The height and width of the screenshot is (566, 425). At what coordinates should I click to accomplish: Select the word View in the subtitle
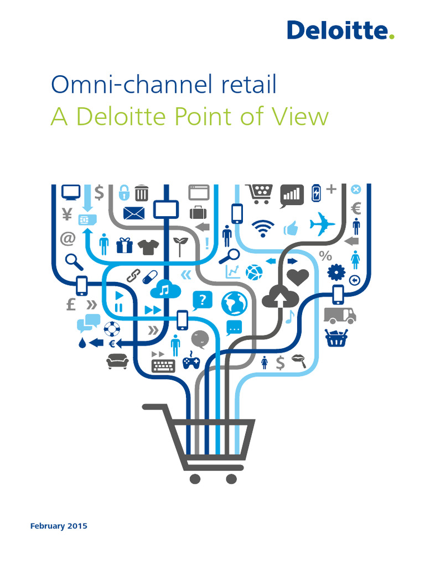pyautogui.click(x=302, y=117)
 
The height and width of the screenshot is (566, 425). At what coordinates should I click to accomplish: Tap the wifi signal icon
pyautogui.click(x=262, y=227)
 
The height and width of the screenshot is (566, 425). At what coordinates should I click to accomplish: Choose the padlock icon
pyautogui.click(x=124, y=192)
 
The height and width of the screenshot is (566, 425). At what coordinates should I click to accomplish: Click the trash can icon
pyautogui.click(x=142, y=192)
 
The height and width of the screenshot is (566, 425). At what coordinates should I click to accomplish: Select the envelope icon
pyautogui.click(x=133, y=213)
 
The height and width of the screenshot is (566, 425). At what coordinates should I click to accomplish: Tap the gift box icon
pyautogui.click(x=125, y=245)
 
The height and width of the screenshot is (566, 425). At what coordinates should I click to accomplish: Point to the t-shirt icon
pyautogui.click(x=148, y=246)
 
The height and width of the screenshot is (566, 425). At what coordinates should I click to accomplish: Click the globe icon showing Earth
pyautogui.click(x=234, y=303)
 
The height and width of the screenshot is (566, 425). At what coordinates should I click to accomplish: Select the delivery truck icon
pyautogui.click(x=339, y=315)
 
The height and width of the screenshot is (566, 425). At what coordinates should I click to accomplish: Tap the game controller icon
pyautogui.click(x=191, y=361)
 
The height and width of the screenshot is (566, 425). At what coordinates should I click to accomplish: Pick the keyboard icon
pyautogui.click(x=163, y=365)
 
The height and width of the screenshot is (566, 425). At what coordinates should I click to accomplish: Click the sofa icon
pyautogui.click(x=117, y=361)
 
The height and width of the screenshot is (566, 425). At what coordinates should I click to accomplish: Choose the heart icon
pyautogui.click(x=298, y=276)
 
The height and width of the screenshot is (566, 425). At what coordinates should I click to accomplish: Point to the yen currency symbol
pyautogui.click(x=68, y=214)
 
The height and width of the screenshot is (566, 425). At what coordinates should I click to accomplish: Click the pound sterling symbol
pyautogui.click(x=71, y=305)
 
